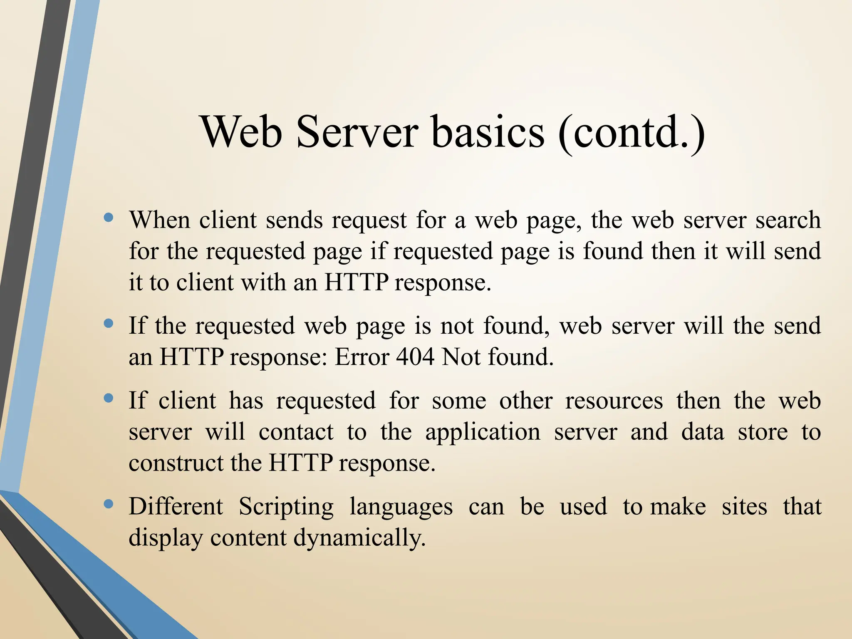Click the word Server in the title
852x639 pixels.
click(357, 132)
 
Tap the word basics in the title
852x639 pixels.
click(488, 132)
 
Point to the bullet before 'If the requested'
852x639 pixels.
click(109, 323)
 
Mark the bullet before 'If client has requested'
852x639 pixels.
click(109, 398)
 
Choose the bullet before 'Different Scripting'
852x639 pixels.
click(109, 504)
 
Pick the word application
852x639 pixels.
click(483, 433)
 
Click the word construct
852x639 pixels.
click(176, 463)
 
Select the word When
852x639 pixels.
click(159, 220)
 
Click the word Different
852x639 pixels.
click(176, 507)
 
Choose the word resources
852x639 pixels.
click(614, 401)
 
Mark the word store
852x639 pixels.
click(763, 432)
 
